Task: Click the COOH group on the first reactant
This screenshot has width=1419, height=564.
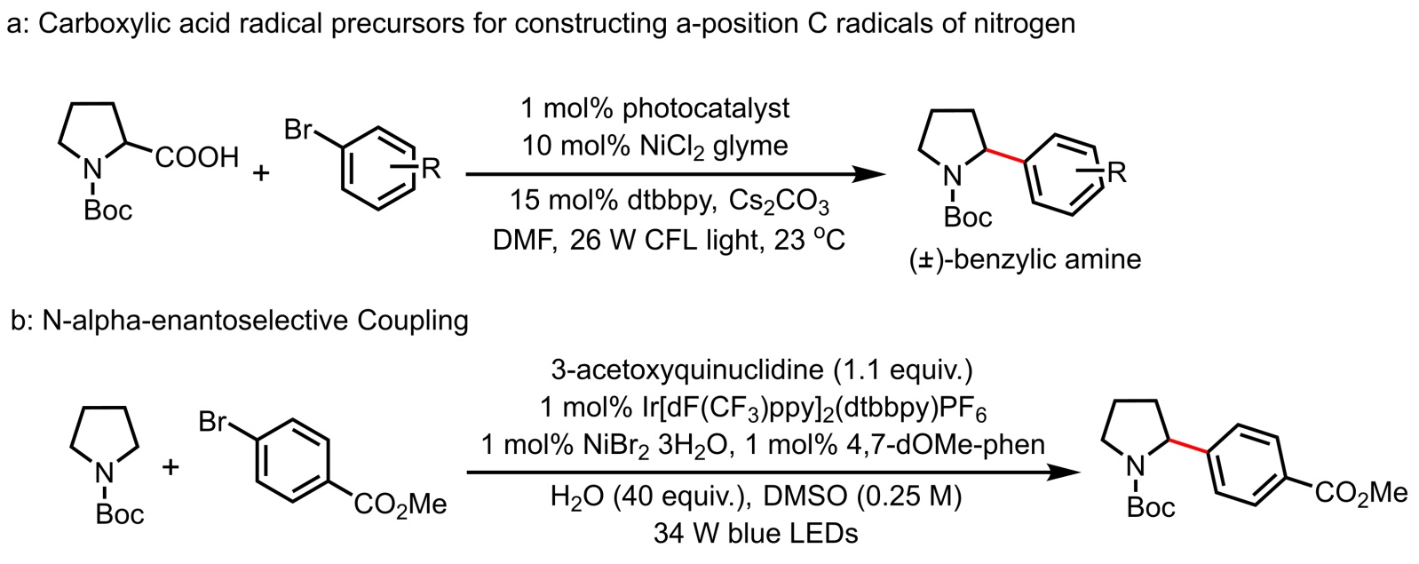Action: pyautogui.click(x=198, y=158)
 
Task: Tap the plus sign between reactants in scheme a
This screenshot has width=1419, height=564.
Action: pyautogui.click(x=261, y=172)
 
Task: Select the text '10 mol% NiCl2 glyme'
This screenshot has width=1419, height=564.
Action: pyautogui.click(x=655, y=145)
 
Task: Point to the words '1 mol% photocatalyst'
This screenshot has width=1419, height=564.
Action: pyautogui.click(x=655, y=108)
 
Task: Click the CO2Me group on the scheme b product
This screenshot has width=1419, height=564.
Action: pyautogui.click(x=1360, y=493)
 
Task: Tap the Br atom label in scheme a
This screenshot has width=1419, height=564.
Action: pyautogui.click(x=298, y=131)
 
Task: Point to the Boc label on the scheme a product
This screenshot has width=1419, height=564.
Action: pyautogui.click(x=967, y=217)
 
